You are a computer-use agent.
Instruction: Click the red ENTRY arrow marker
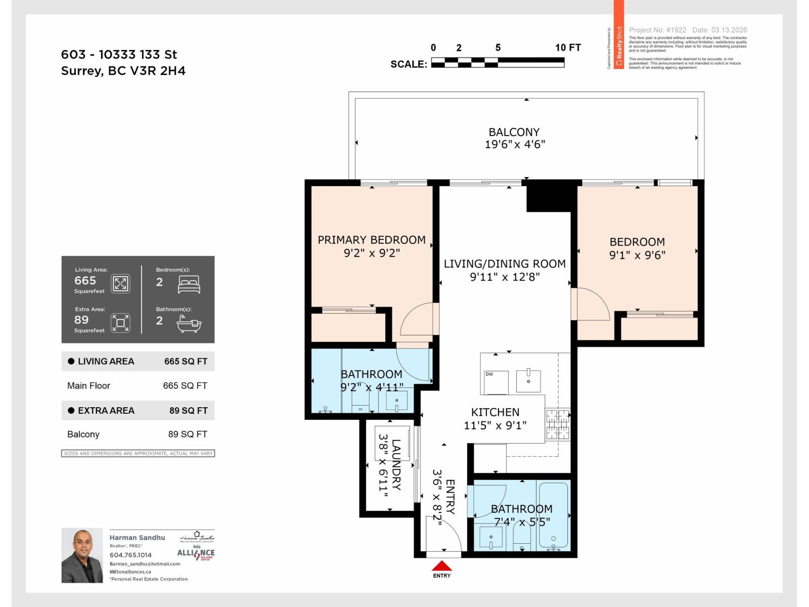pyautogui.click(x=442, y=566)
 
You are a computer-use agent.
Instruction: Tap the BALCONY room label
pyautogui.click(x=514, y=132)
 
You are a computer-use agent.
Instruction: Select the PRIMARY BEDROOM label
pyautogui.click(x=372, y=240)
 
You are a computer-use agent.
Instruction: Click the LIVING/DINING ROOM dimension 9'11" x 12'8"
pyautogui.click(x=505, y=277)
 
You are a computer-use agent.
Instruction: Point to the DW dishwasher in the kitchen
pyautogui.click(x=496, y=382)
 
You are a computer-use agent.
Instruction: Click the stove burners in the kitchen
pyautogui.click(x=558, y=424)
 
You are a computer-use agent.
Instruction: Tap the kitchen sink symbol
pyautogui.click(x=528, y=380)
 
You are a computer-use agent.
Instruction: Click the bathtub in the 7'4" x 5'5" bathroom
pyautogui.click(x=553, y=516)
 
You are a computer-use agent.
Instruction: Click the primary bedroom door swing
pyautogui.click(x=417, y=320)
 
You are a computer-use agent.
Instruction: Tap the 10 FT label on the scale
pyautogui.click(x=568, y=48)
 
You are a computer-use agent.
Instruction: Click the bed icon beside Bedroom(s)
pyautogui.click(x=189, y=284)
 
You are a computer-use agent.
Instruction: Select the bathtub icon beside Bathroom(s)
pyautogui.click(x=189, y=324)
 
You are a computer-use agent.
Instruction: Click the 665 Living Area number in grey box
pyautogui.click(x=85, y=281)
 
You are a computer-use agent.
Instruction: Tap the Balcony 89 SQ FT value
pyautogui.click(x=188, y=434)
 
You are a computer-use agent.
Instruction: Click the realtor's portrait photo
pyautogui.click(x=82, y=555)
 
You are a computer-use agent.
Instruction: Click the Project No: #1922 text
pyautogui.click(x=657, y=30)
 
